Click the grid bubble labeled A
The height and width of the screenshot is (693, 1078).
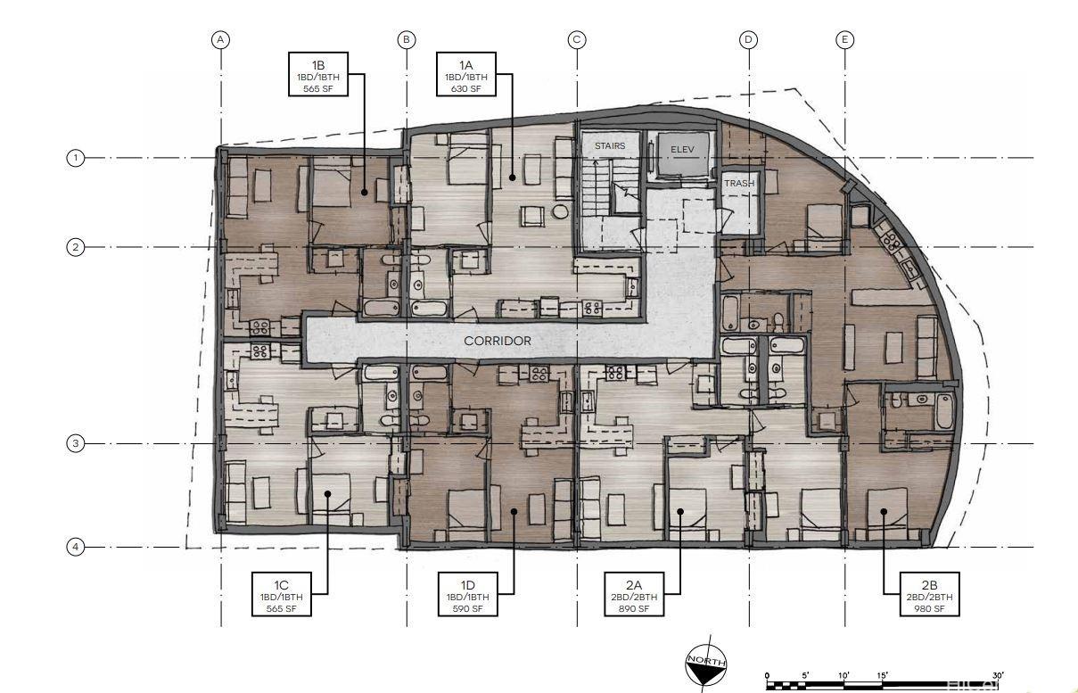(221, 39)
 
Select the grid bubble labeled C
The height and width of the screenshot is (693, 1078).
(577, 39)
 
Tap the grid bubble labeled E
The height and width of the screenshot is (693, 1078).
(845, 39)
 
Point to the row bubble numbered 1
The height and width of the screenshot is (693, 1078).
(76, 158)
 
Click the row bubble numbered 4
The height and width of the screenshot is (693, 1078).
(76, 547)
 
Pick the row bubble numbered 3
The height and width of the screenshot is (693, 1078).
(76, 443)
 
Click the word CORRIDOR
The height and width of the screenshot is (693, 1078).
(498, 341)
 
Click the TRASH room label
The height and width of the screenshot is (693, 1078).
(739, 184)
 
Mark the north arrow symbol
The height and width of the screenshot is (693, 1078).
(705, 664)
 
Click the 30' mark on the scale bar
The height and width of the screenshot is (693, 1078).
(998, 675)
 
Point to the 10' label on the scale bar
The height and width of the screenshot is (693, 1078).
(843, 675)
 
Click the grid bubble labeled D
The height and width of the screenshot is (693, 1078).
(749, 39)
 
